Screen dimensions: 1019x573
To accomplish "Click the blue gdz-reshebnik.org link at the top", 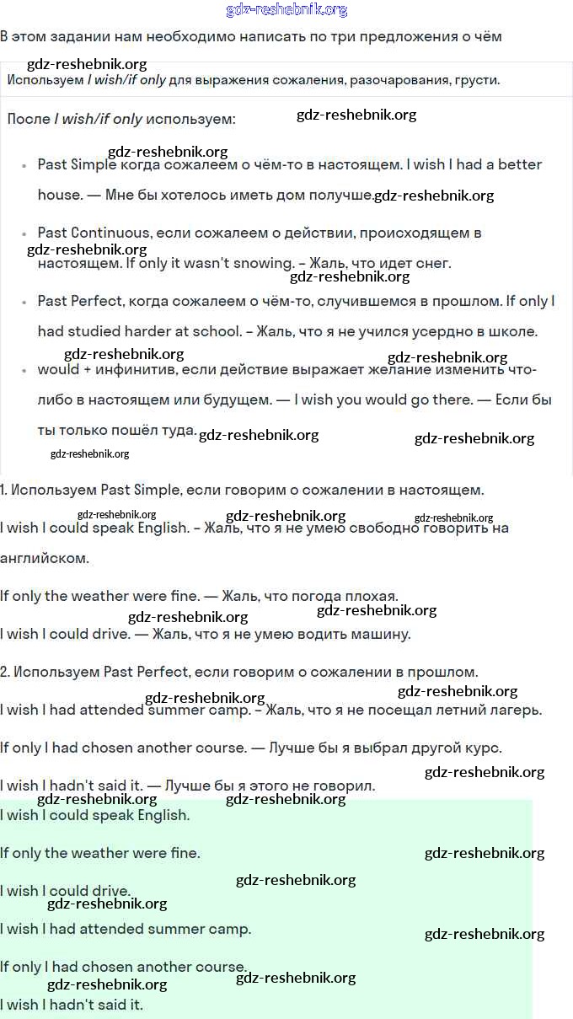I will (x=286, y=10).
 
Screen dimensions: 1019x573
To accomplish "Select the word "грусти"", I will (x=476, y=81).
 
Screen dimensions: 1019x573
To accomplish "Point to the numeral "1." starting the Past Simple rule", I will (x=5, y=490).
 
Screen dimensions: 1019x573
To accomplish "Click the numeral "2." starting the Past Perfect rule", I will (x=5, y=672).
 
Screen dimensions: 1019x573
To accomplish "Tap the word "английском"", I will (x=44, y=558).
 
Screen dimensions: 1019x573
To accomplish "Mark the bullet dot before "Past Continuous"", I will (x=24, y=233).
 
